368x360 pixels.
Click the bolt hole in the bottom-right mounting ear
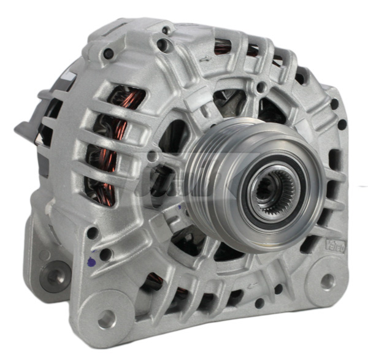pos(328,280)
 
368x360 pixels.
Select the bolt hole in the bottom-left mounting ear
pos(105,317)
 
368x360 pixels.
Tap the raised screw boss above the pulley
pos(261,87)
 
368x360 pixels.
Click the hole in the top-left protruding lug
pos(109,54)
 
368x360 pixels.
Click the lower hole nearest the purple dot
pos(105,253)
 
